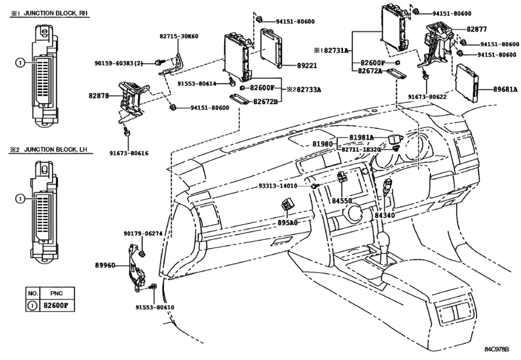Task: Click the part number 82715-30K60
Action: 179,36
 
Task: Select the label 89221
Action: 307,66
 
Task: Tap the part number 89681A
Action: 506,89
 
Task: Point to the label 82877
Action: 477,30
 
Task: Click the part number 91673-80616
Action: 129,153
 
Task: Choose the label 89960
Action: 105,265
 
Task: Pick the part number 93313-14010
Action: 278,186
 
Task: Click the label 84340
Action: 385,215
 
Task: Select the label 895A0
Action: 287,222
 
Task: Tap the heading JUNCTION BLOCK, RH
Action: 56,14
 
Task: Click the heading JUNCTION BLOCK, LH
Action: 55,150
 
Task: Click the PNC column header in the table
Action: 57,294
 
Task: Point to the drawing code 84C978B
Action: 497,349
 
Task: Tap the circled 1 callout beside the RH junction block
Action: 21,62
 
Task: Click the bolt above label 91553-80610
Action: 153,287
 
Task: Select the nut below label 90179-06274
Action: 142,254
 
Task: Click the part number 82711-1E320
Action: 361,150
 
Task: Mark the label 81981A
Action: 362,138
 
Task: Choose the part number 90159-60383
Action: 114,63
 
